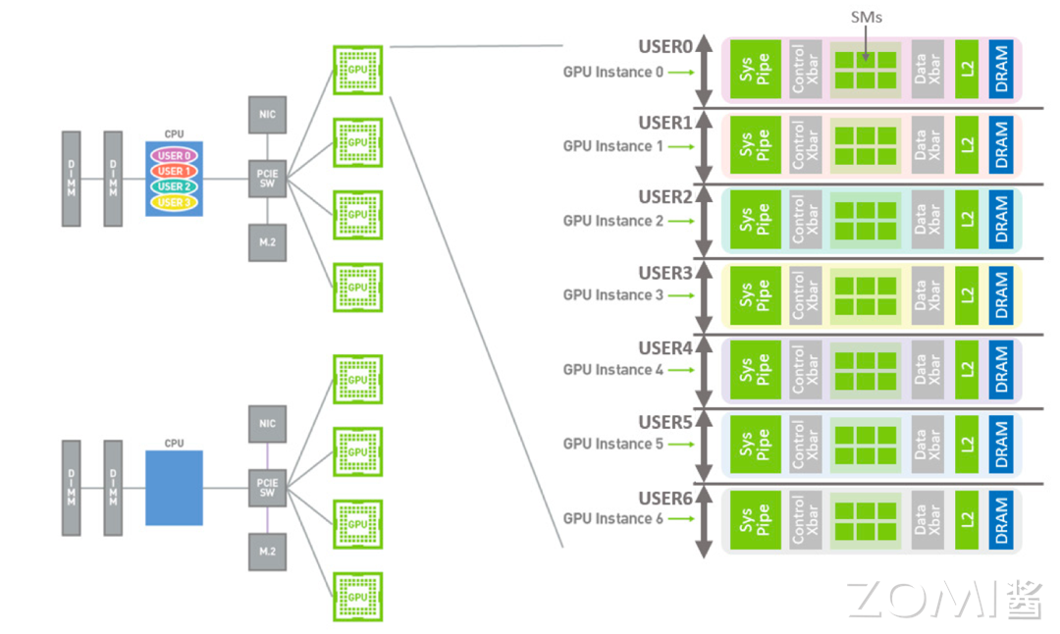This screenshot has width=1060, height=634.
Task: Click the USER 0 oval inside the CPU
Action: [174, 156]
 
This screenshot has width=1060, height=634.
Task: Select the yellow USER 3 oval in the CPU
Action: [174, 202]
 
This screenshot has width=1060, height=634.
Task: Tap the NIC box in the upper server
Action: [267, 115]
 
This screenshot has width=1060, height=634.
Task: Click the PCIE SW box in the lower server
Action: [267, 488]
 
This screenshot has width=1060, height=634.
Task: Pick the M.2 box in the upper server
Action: [267, 240]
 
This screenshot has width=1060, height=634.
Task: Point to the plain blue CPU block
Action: [174, 488]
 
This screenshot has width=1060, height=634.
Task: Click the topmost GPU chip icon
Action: [357, 69]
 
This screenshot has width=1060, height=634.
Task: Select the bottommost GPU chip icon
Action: [357, 596]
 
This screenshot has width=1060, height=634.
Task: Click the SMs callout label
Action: [864, 17]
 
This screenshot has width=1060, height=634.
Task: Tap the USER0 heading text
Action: [665, 47]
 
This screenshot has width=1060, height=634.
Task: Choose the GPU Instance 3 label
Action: [612, 295]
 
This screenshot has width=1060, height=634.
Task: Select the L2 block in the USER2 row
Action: [967, 218]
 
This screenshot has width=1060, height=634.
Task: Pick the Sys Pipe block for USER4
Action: [756, 368]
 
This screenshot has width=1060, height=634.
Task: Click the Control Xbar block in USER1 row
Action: [806, 144]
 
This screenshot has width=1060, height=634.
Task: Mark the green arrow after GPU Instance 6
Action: [683, 518]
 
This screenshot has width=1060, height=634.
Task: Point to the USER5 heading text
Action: [665, 423]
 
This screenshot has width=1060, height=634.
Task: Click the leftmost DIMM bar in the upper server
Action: [71, 179]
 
